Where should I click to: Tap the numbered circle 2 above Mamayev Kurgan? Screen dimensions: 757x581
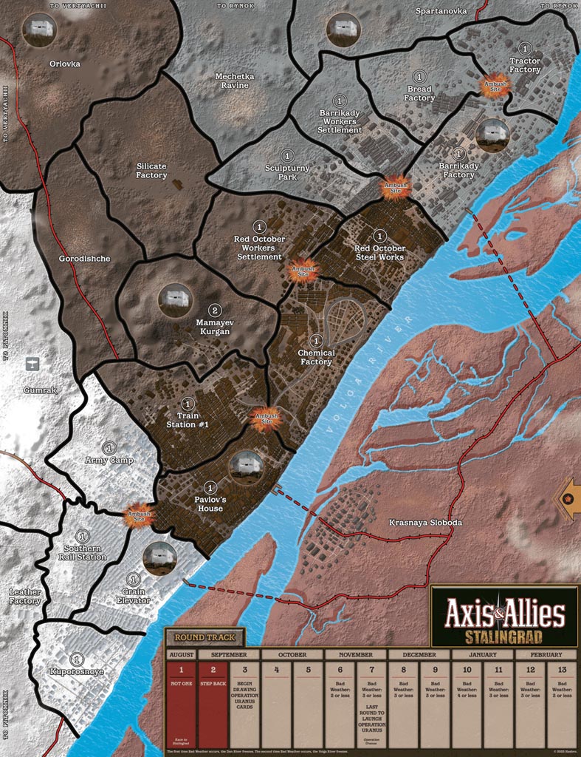pos(215,310)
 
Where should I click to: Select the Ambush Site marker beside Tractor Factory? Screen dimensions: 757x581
pos(495,85)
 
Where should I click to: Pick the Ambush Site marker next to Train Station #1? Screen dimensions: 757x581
pos(267,419)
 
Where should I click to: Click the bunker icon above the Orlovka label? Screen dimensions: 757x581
pos(39,30)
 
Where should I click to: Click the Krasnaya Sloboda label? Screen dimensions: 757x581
pos(425,523)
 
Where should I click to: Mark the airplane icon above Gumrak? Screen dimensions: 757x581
pos(31,364)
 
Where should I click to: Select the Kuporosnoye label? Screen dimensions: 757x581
pos(77,672)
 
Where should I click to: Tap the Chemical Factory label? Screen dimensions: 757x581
pos(316,357)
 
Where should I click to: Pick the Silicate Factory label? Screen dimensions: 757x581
pos(152,171)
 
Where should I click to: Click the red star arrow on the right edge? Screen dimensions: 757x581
pos(568,498)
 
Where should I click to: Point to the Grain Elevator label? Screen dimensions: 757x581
pos(133,595)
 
